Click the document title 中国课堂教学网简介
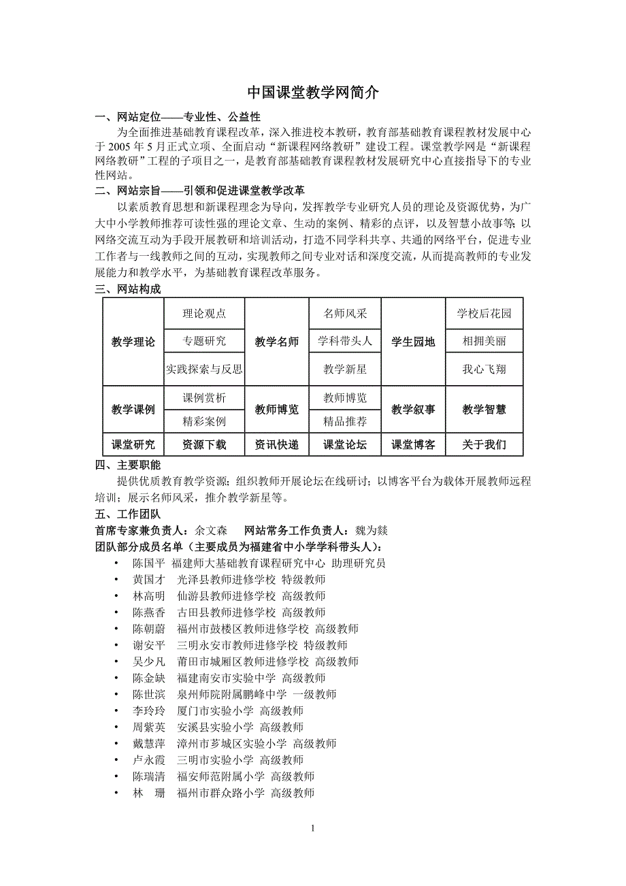click(x=312, y=93)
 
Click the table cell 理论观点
click(x=204, y=314)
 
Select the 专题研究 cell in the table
click(x=204, y=340)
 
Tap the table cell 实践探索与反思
click(x=204, y=370)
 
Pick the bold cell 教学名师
click(x=277, y=342)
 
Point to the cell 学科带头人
click(x=345, y=340)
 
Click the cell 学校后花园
click(x=484, y=314)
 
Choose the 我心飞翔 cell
click(x=484, y=370)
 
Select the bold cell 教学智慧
click(x=484, y=409)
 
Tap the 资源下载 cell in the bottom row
click(x=204, y=445)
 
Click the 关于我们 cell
click(x=484, y=445)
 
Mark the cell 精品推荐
click(x=345, y=421)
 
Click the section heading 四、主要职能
click(x=128, y=465)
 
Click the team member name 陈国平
click(x=149, y=563)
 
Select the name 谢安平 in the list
click(x=149, y=645)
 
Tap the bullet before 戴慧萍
click(x=117, y=744)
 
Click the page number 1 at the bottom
click(x=312, y=828)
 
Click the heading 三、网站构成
click(x=128, y=289)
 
